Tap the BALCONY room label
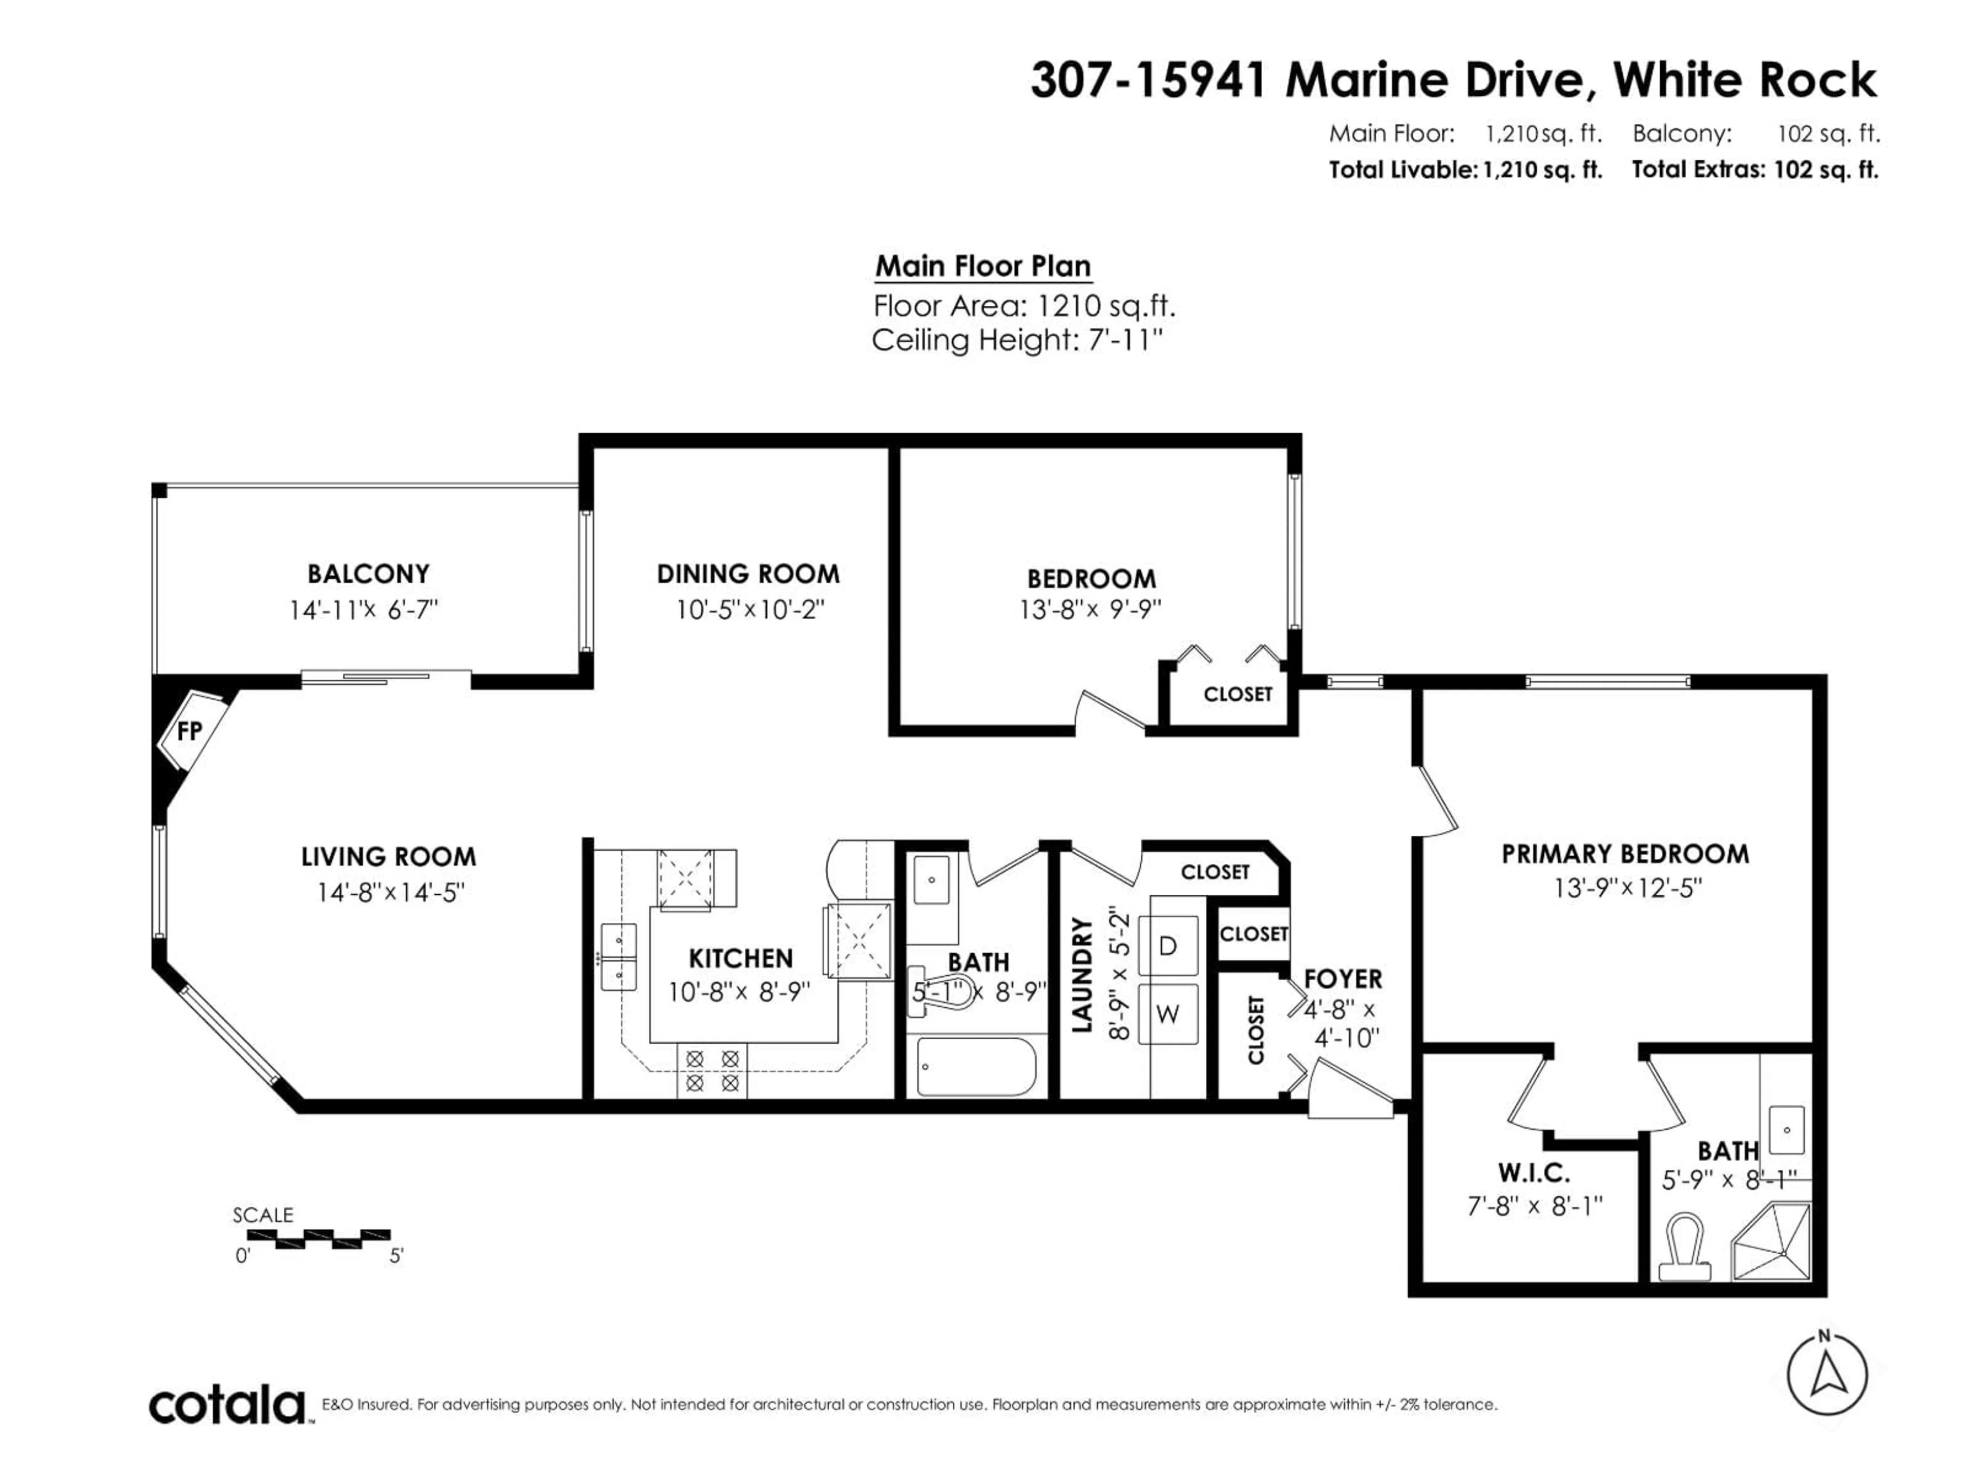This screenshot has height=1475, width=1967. pyautogui.click(x=368, y=574)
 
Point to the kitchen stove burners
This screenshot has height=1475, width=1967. pyautogui.click(x=713, y=1071)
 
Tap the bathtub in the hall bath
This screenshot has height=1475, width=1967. pyautogui.click(x=975, y=1067)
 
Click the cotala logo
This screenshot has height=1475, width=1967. pyautogui.click(x=227, y=1406)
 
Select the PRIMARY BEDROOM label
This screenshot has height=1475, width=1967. pyautogui.click(x=1625, y=854)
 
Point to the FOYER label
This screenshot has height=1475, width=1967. pyautogui.click(x=1343, y=979)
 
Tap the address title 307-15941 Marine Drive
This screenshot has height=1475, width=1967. pyautogui.click(x=1453, y=80)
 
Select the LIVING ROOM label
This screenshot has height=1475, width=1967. pyautogui.click(x=389, y=857)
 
